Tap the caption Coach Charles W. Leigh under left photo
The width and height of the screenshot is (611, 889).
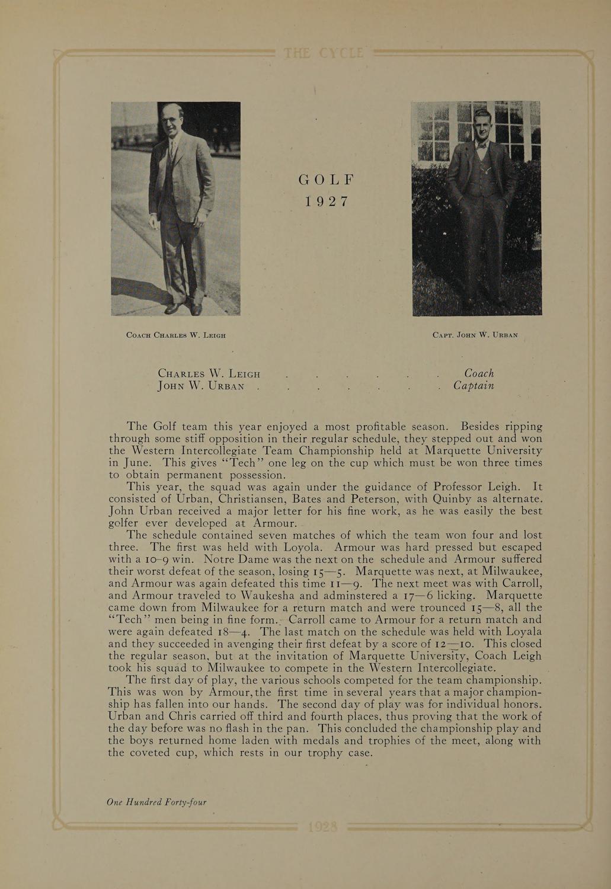click(176, 335)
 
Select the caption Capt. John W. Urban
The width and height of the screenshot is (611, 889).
click(475, 335)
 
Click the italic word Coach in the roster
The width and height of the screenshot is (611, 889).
click(479, 373)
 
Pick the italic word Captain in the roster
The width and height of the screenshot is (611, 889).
click(474, 386)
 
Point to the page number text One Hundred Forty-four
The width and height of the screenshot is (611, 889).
click(156, 802)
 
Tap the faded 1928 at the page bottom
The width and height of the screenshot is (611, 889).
click(323, 827)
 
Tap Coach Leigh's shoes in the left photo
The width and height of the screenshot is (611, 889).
click(183, 308)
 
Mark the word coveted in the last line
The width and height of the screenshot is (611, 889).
click(162, 753)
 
